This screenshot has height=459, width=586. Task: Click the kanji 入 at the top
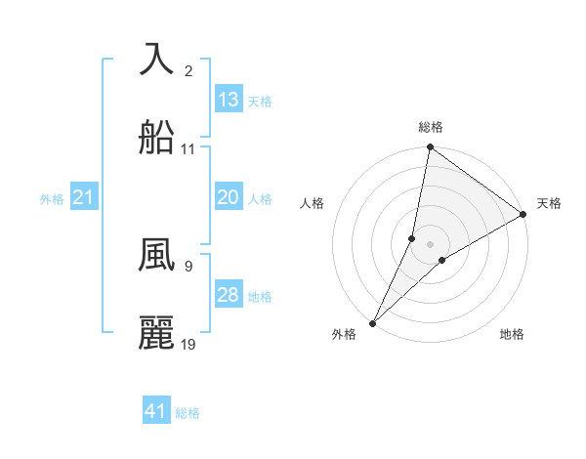point(156,59)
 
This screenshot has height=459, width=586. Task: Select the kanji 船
point(156,138)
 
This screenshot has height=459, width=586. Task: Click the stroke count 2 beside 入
point(188,71)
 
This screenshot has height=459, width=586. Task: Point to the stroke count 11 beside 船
point(188,149)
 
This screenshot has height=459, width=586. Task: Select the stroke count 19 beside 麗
point(188,345)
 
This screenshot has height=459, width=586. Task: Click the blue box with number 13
point(229,100)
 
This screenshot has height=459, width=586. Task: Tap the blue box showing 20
point(229,197)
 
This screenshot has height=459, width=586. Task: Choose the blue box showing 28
point(229,295)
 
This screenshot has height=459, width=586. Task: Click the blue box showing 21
point(84,198)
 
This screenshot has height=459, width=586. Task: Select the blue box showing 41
point(156,411)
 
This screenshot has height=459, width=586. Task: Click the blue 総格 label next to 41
point(188,413)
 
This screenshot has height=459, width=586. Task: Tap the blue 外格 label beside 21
point(52,199)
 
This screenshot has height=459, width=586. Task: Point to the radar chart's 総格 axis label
point(431,127)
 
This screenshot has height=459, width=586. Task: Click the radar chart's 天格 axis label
point(549,203)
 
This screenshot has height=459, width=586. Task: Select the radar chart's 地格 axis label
point(512,334)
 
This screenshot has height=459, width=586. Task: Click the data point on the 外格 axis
point(372,322)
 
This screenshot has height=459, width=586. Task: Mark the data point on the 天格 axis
point(523,215)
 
